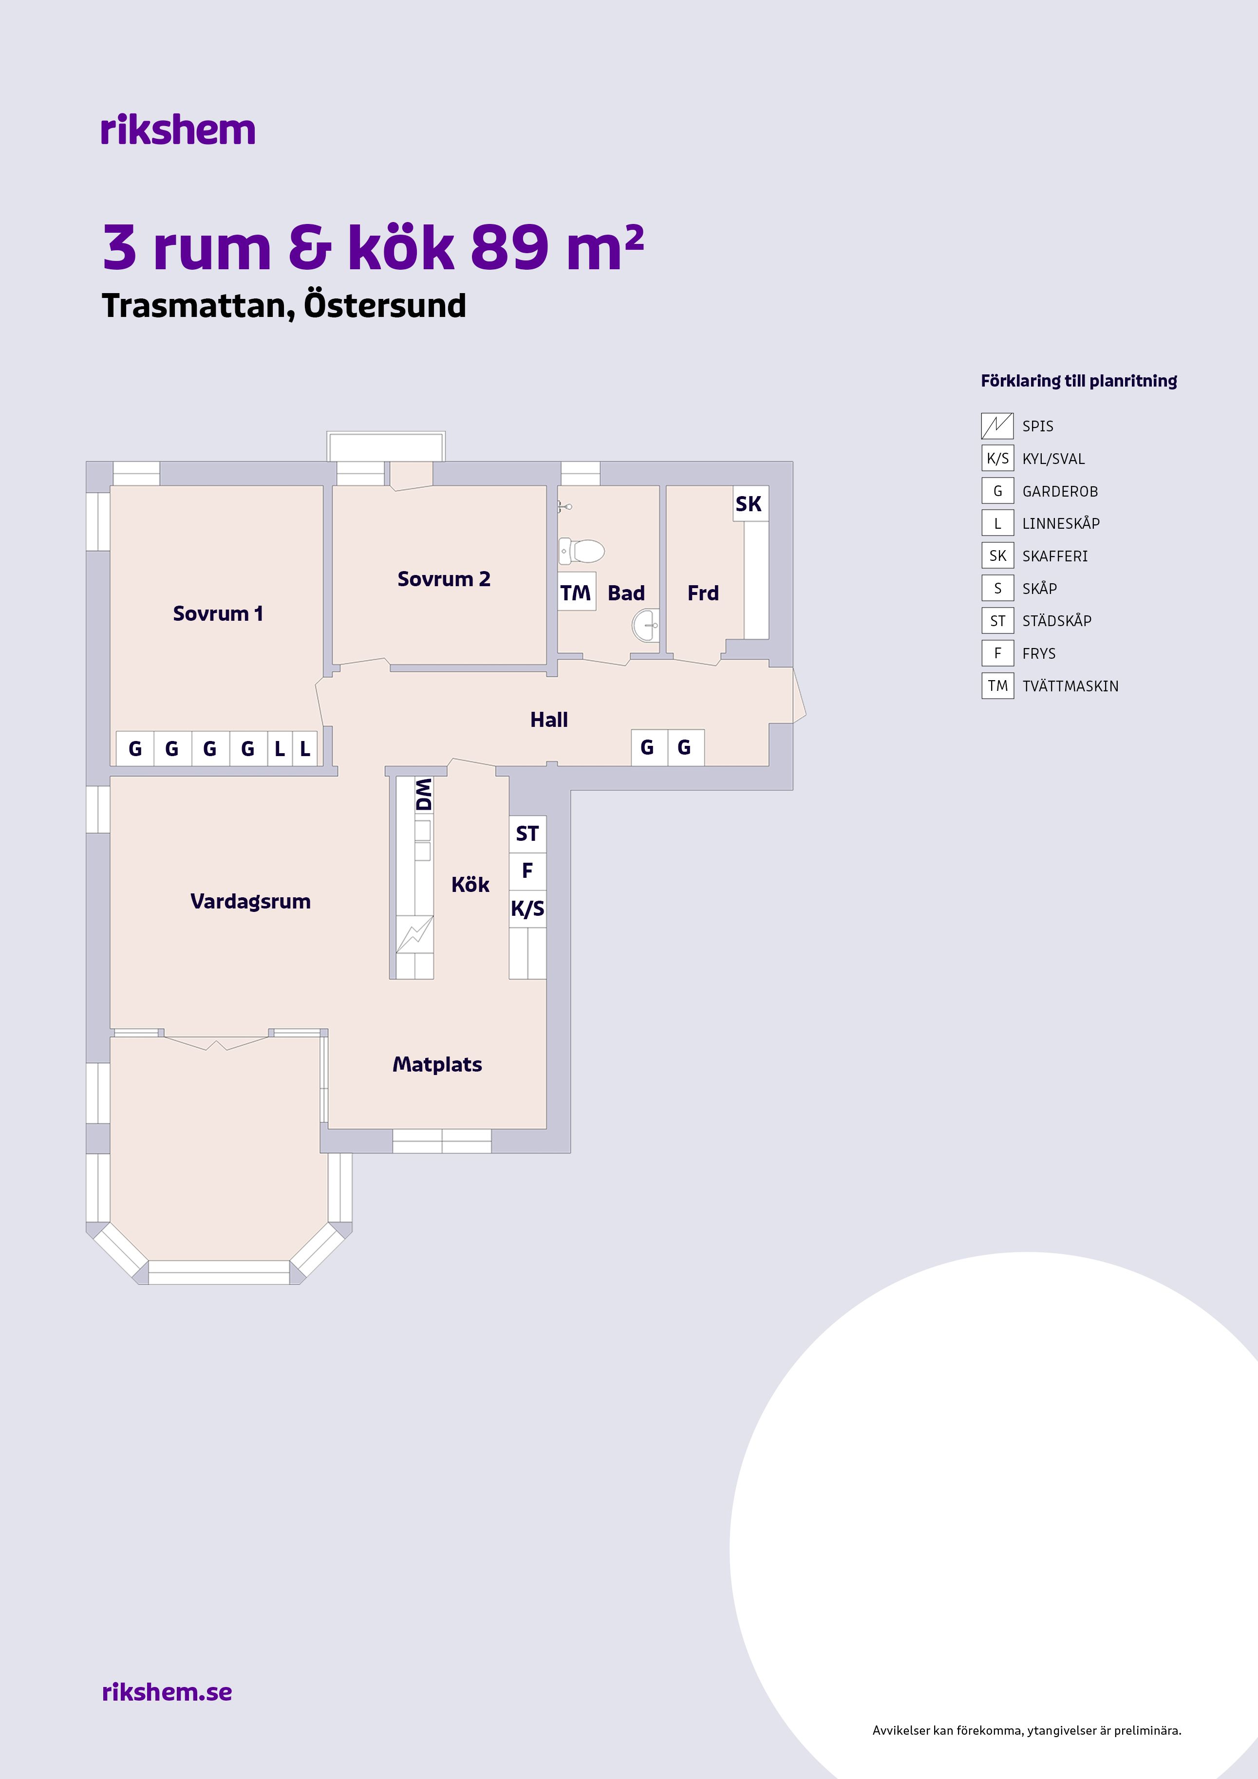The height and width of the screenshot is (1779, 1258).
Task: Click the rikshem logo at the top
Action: point(177,130)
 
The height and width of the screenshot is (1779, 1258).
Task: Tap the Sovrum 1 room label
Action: point(218,613)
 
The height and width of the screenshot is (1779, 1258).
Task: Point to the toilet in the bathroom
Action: point(582,551)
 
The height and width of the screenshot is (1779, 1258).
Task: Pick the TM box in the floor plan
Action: point(576,592)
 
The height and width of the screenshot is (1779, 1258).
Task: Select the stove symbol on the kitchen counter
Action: point(414,934)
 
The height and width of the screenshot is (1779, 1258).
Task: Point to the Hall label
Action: point(549,720)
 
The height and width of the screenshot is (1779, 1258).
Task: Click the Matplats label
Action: point(437,1065)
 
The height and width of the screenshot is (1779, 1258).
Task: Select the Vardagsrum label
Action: point(250,901)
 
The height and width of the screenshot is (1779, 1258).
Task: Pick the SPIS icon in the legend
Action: point(997,426)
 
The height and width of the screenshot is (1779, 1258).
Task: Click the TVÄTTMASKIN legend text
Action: point(1070,686)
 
